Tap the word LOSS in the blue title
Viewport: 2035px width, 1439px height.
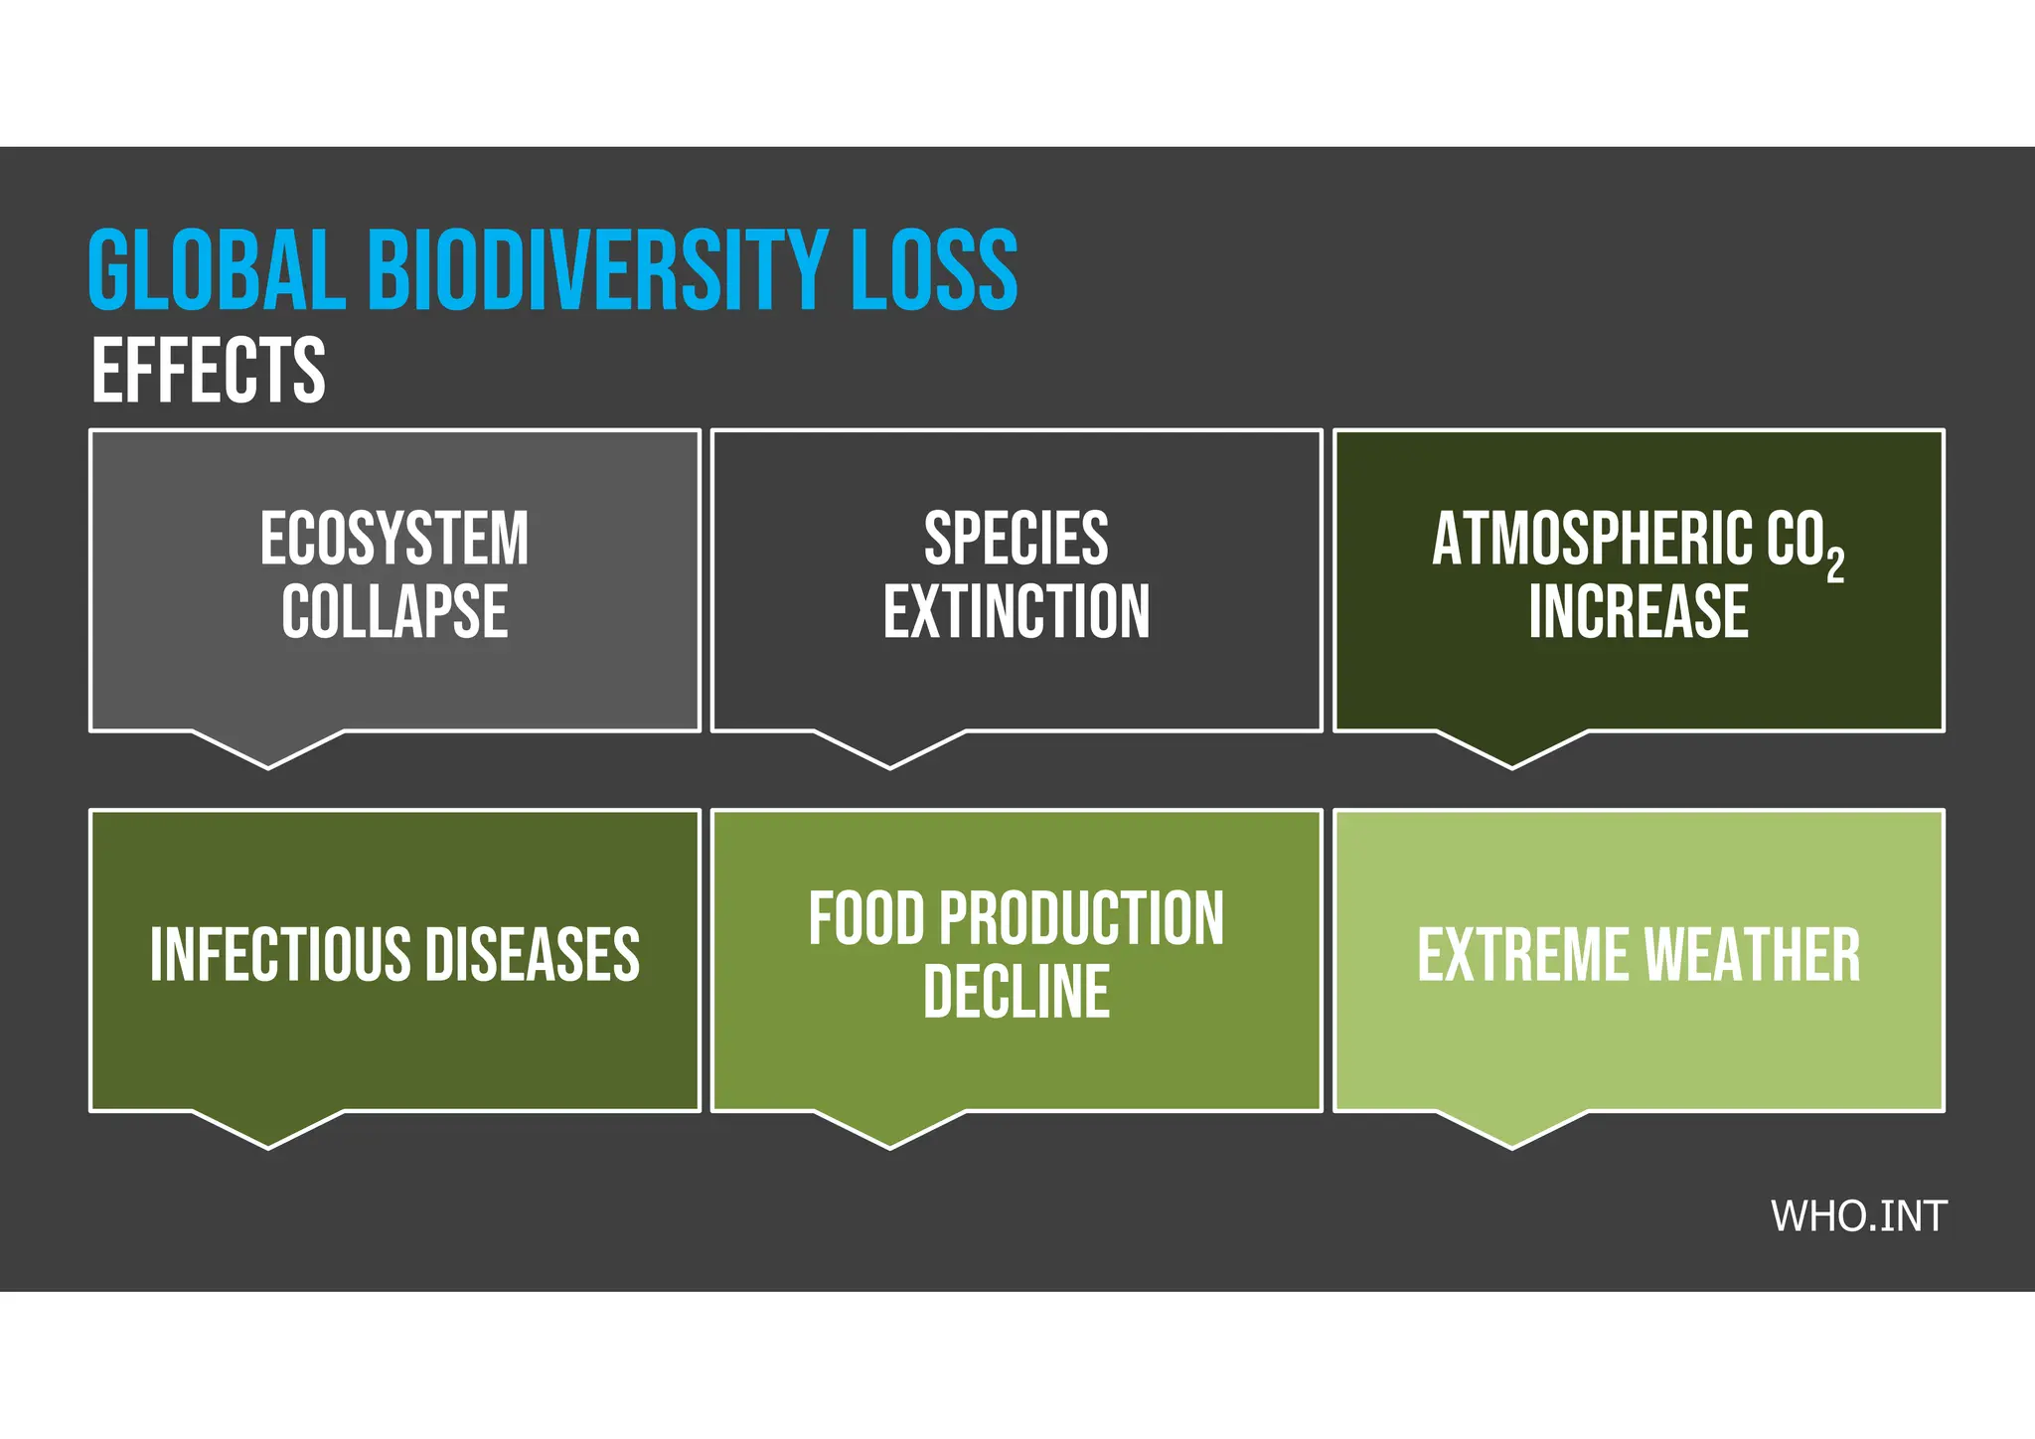pos(934,270)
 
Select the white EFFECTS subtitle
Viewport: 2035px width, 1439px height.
pos(209,371)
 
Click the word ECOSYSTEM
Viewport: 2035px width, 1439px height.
pos(394,539)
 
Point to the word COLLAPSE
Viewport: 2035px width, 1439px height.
pos(394,612)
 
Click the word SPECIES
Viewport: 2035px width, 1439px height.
pos(1016,539)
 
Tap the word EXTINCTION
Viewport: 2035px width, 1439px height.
pos(1016,612)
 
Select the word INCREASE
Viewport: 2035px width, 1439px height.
pos(1638,612)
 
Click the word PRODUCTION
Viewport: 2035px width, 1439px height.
pos(1081,918)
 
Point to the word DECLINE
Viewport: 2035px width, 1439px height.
pos(1016,992)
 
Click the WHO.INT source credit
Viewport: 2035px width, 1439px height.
pos(1857,1216)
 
